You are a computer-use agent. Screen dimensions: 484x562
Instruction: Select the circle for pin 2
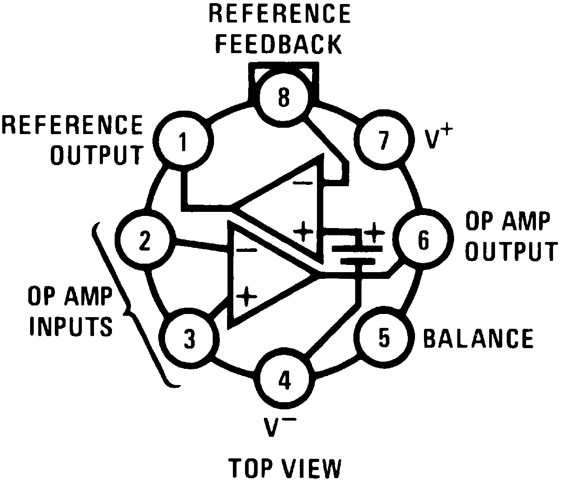pos(144,241)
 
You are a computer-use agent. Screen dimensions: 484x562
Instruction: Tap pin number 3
pos(190,338)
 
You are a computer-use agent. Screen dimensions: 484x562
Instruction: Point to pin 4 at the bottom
pos(284,380)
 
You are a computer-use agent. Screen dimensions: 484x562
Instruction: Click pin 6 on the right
pos(423,241)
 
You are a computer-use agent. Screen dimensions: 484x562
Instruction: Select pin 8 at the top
pos(283,97)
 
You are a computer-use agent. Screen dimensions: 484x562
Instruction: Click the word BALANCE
pos(478,338)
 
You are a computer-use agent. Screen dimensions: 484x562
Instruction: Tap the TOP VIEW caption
pos(285,468)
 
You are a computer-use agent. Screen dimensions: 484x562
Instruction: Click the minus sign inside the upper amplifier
pos(303,183)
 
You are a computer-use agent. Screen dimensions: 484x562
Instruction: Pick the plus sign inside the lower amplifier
pos(246,296)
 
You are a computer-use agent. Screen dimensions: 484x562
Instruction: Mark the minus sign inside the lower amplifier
pos(246,250)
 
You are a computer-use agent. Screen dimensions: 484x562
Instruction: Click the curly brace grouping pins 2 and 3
pos(130,306)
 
